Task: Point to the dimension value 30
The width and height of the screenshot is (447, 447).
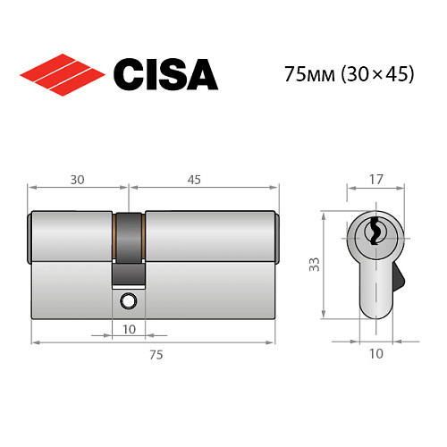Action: point(76,179)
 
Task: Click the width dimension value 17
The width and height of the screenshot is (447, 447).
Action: point(375,178)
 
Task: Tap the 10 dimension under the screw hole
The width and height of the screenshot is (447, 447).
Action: point(129,329)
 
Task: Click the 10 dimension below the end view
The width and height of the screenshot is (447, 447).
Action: point(375,354)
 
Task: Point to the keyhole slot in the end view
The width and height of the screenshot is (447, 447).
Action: point(375,233)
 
